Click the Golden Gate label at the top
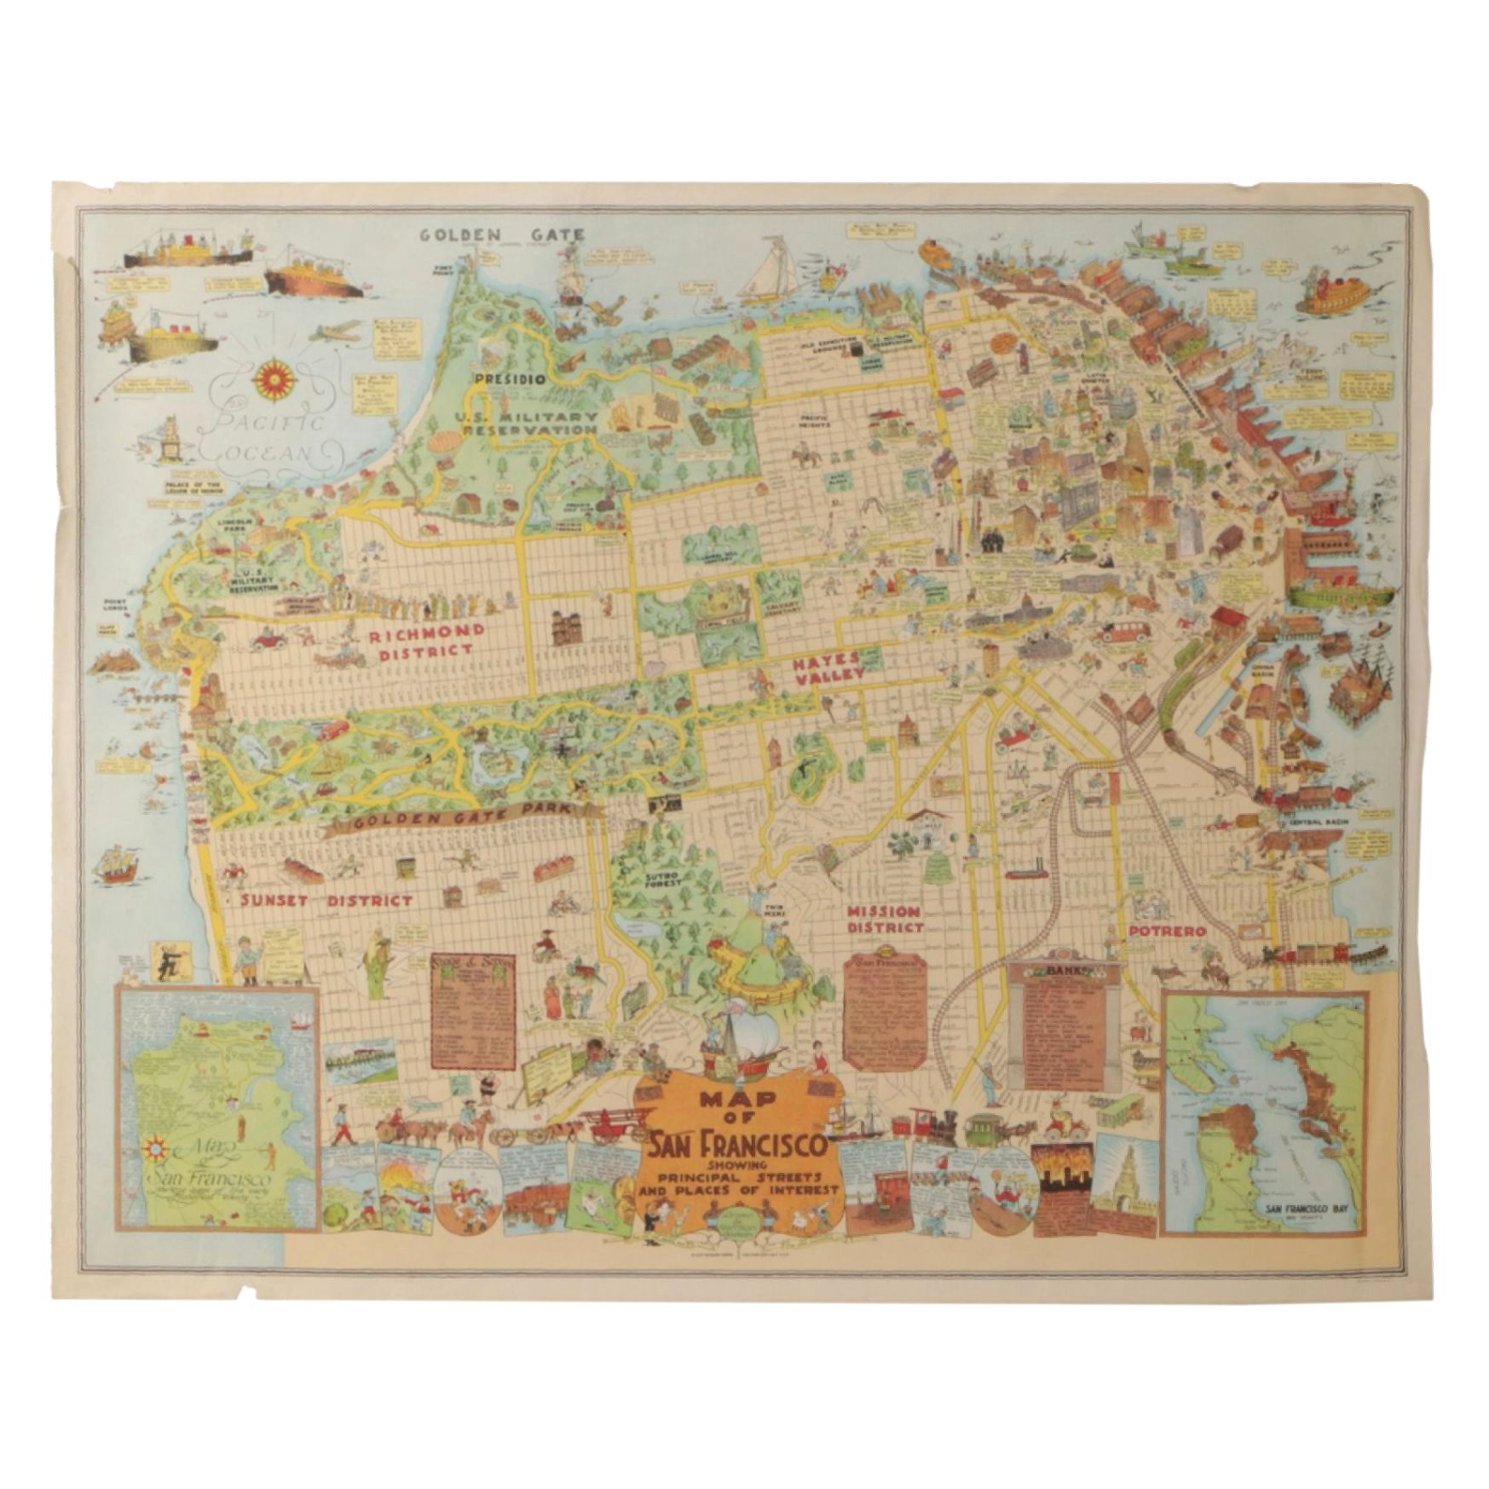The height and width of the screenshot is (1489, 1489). coord(501,234)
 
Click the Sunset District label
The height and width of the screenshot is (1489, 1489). coord(326,900)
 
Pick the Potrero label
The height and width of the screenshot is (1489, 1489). coord(1167,932)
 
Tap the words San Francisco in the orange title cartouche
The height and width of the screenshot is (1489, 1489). coord(738,1145)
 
